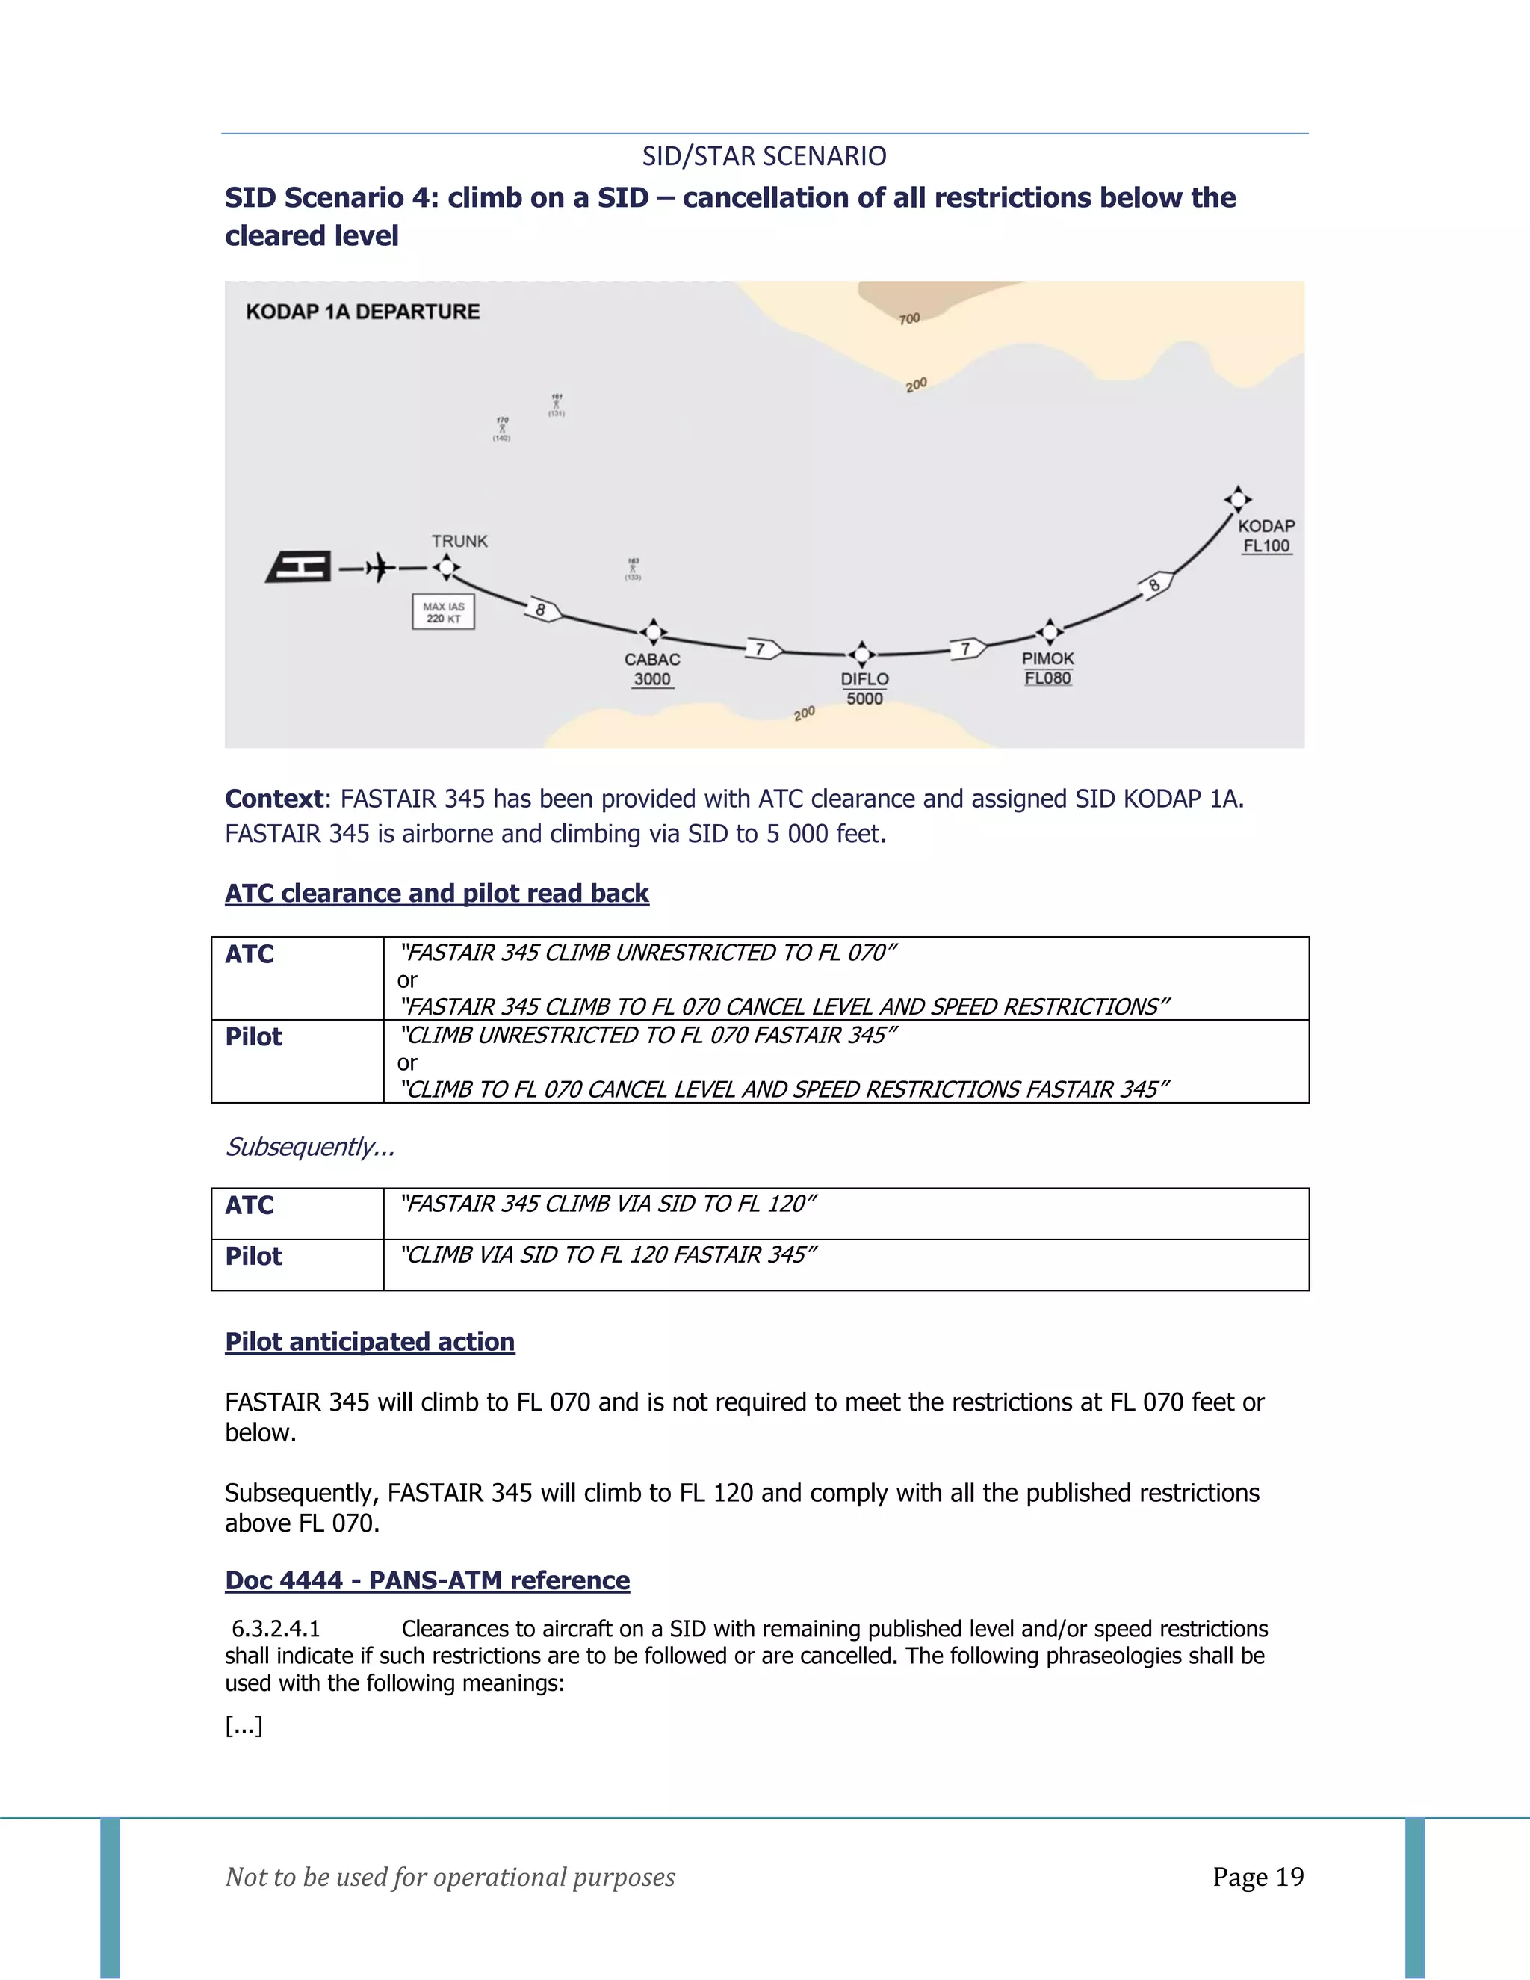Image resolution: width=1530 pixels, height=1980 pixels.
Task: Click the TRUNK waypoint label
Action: click(x=459, y=541)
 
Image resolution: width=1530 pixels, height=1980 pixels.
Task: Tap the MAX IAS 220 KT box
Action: click(x=443, y=612)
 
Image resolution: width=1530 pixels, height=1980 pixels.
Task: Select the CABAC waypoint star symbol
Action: click(x=653, y=632)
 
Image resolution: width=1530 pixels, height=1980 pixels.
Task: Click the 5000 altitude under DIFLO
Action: click(x=864, y=699)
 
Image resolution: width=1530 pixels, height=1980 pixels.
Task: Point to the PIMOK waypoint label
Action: click(x=1048, y=659)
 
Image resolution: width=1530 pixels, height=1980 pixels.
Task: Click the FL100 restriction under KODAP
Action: click(x=1266, y=545)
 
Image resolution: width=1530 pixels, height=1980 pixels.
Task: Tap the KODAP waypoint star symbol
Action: click(x=1237, y=498)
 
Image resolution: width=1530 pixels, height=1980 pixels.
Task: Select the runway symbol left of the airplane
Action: click(x=299, y=568)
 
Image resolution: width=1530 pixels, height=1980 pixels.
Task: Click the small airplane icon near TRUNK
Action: click(x=378, y=569)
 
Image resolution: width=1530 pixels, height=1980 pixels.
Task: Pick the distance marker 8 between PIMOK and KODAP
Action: click(x=1155, y=585)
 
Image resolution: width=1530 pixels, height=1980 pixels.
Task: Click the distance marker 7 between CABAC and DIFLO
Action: click(x=761, y=649)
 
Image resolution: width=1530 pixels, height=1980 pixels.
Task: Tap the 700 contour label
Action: click(x=909, y=319)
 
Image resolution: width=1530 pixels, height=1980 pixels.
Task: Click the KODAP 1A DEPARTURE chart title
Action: click(x=362, y=312)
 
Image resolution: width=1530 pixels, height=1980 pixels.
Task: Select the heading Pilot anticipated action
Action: click(x=370, y=1342)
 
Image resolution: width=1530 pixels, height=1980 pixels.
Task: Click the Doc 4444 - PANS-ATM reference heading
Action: click(x=427, y=1580)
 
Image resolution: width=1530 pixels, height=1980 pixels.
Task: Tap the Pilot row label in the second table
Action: click(x=254, y=1257)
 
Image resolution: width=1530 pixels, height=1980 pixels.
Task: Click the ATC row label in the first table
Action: click(x=250, y=955)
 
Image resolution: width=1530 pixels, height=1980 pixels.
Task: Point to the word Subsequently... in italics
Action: click(x=309, y=1147)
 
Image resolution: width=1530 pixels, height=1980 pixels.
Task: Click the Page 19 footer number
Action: click(x=1258, y=1877)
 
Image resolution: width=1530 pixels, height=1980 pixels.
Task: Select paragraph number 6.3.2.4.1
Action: click(x=276, y=1629)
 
